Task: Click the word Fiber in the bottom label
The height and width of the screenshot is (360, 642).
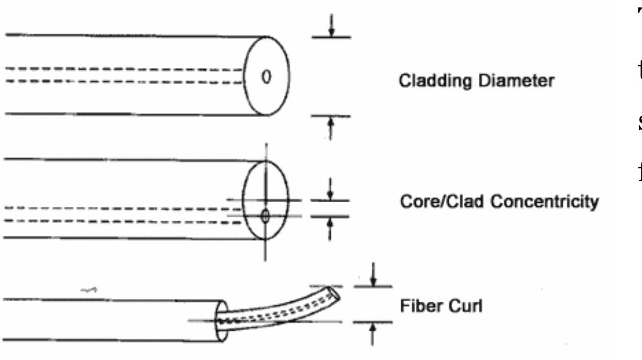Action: (414, 308)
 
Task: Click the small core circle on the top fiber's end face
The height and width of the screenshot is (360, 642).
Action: (268, 76)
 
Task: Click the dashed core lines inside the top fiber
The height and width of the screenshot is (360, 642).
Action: (120, 75)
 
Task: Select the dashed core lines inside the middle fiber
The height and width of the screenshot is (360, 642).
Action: (120, 215)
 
